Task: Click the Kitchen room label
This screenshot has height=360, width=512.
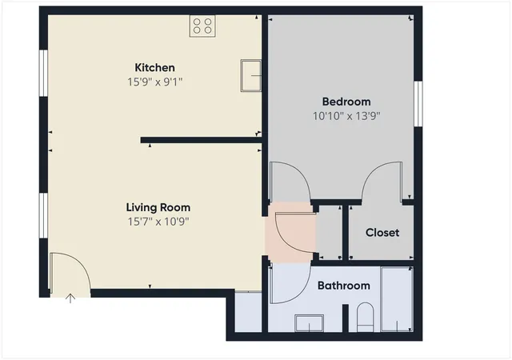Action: (154, 68)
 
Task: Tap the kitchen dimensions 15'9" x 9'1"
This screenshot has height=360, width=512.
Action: (154, 82)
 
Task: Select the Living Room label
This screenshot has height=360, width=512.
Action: (158, 207)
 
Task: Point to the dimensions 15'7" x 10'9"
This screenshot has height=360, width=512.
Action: (158, 222)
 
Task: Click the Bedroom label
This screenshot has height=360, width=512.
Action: (346, 102)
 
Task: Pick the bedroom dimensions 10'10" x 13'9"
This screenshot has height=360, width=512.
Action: (346, 116)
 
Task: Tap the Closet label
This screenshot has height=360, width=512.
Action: (382, 233)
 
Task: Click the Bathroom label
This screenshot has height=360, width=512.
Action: (344, 286)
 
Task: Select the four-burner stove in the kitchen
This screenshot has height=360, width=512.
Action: (202, 26)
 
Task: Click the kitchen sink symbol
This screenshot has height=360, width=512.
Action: (250, 75)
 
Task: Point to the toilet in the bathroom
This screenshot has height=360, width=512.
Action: (365, 318)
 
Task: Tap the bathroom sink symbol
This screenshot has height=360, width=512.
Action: (310, 323)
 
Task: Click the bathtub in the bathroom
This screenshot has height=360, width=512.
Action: (397, 299)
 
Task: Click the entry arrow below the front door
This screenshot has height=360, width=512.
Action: (70, 298)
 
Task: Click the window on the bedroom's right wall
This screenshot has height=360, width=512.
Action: (418, 103)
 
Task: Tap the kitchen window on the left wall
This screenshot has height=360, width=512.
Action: (43, 73)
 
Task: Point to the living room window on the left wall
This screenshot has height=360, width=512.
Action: (43, 216)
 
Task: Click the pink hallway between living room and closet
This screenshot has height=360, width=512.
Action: (290, 232)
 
